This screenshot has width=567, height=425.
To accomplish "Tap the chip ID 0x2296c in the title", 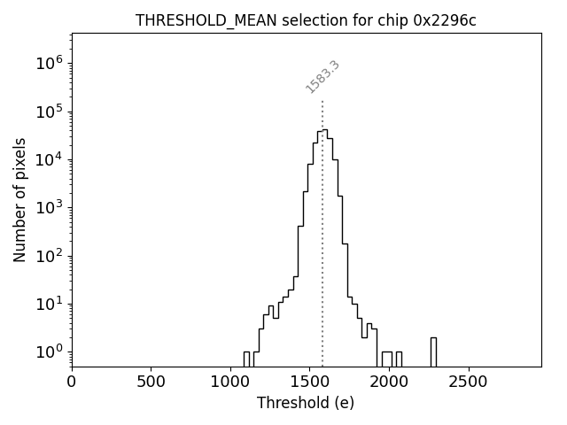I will pyautogui.click(x=445, y=20).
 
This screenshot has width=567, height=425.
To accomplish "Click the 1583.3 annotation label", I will pyautogui.click(x=322, y=77).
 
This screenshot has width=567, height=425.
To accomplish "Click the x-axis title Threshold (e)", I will pyautogui.click(x=306, y=403).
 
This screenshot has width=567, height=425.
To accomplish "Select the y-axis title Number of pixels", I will pyautogui.click(x=19, y=199).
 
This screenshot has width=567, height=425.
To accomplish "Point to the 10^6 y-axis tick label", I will pyautogui.click(x=49, y=63).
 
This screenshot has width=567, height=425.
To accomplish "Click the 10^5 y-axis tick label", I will pyautogui.click(x=49, y=112).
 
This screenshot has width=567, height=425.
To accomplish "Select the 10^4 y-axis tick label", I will pyautogui.click(x=49, y=159).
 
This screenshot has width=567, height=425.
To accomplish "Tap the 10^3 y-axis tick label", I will pyautogui.click(x=49, y=207).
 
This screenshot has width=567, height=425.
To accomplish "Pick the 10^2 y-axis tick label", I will pyautogui.click(x=49, y=256).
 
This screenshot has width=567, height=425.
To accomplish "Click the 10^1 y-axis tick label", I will pyautogui.click(x=49, y=304).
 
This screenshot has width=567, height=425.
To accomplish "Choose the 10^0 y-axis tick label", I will pyautogui.click(x=49, y=352).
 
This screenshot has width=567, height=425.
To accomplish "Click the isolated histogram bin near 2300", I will pyautogui.click(x=433, y=352).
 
